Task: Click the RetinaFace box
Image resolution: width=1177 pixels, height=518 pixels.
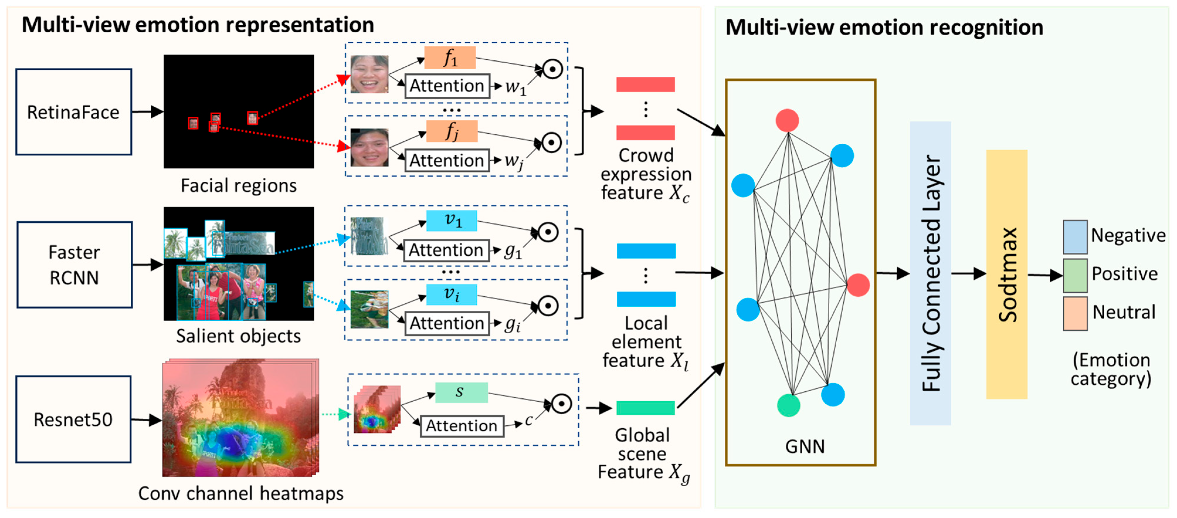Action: coord(74,112)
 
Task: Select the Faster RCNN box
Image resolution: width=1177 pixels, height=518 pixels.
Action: coord(74,265)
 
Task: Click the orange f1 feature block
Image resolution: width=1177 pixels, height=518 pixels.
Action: coord(450,57)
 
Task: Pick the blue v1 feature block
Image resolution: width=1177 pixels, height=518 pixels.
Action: coord(451,221)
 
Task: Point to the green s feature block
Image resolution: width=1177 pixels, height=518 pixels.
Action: coord(461,392)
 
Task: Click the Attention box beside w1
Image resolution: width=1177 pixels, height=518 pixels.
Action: coord(447,86)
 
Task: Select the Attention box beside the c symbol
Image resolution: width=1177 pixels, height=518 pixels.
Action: coord(461,426)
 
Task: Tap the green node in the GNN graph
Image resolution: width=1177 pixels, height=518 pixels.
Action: coord(788,405)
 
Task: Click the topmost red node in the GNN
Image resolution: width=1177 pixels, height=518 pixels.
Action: coord(787,120)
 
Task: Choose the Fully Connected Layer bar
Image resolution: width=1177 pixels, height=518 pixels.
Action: coord(930,273)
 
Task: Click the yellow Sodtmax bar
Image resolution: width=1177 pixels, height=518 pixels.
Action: coord(1007,274)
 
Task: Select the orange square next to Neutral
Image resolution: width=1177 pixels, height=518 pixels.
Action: coord(1075,314)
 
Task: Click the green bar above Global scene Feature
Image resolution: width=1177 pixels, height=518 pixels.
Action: coord(645,407)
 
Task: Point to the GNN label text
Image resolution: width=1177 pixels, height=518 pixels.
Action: coord(805,446)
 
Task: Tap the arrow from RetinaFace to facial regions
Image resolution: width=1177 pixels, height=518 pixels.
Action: coord(147,111)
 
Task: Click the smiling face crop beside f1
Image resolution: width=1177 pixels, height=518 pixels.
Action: coord(369,74)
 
